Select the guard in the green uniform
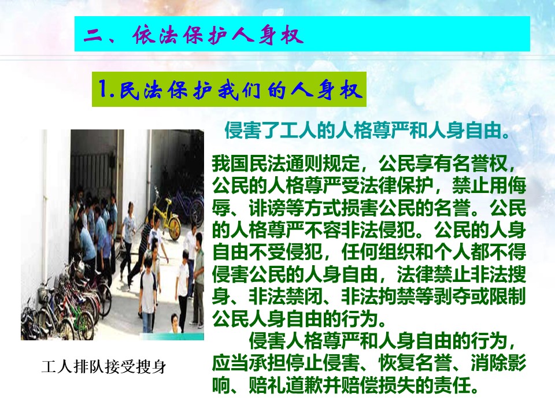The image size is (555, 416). coord(198,276)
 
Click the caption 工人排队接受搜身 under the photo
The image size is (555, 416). coord(103,367)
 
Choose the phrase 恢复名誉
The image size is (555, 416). coord(416,363)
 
